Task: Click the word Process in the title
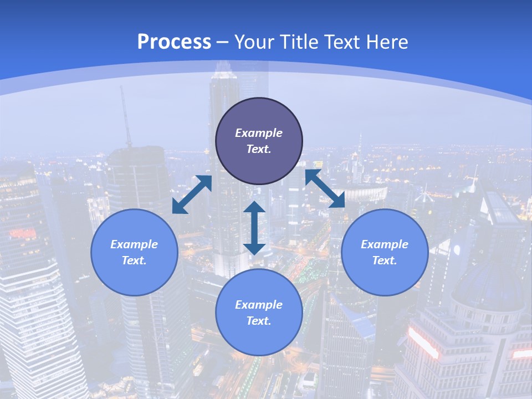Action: coord(174,42)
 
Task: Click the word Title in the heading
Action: coord(299,42)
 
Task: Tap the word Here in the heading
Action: coord(388,42)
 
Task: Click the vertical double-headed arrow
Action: coord(254,228)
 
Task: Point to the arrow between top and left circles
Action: coord(192,194)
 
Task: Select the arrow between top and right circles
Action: coord(325,189)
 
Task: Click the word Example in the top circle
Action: coord(259,133)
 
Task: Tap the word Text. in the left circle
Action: coord(134,260)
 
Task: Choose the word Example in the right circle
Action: coord(385,244)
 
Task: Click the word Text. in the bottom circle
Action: coord(259,321)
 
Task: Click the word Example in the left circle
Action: coord(134,244)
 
